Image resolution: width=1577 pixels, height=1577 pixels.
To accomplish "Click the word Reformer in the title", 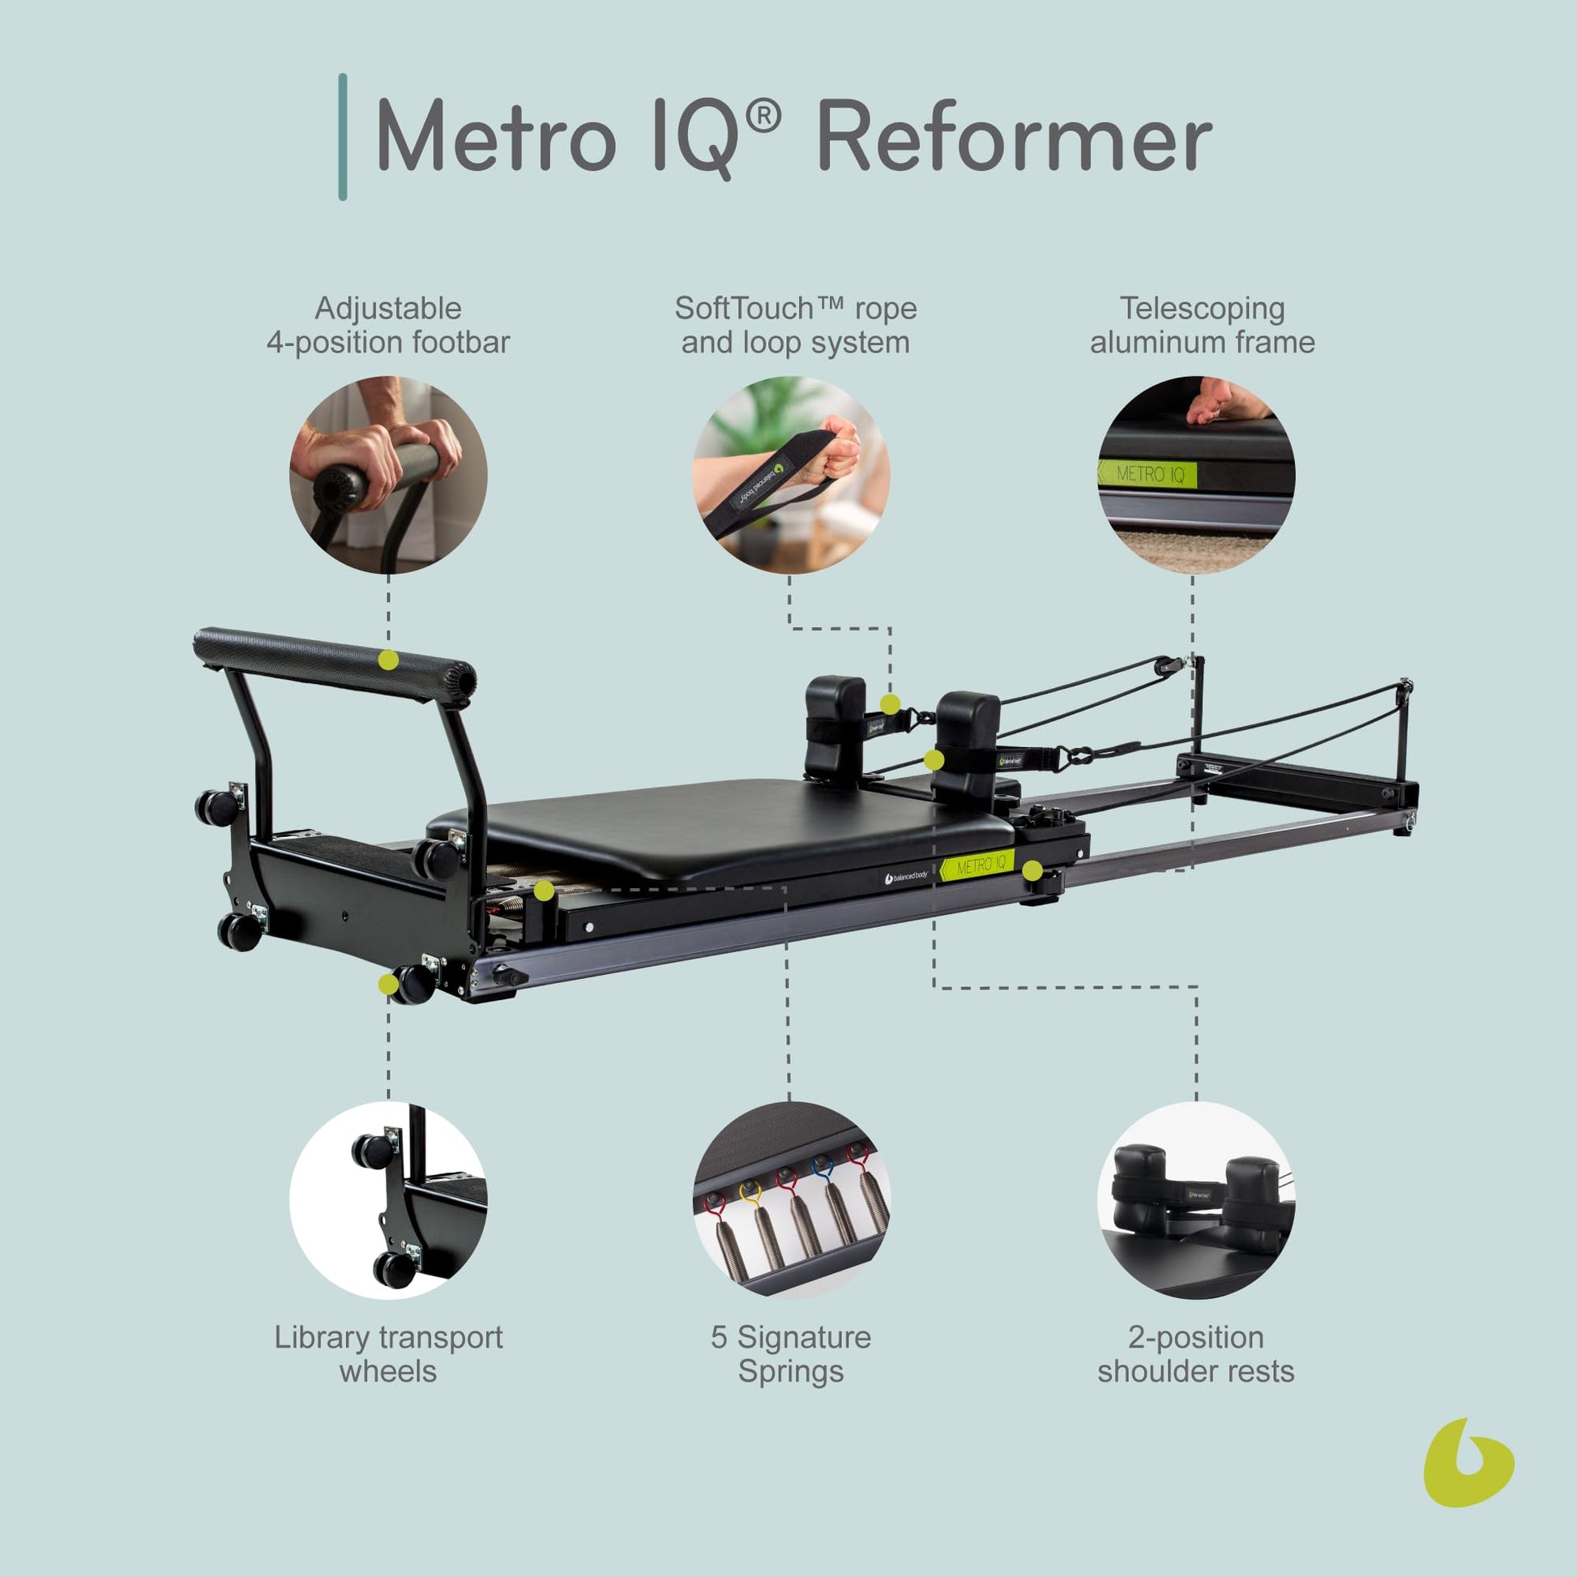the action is [1015, 136].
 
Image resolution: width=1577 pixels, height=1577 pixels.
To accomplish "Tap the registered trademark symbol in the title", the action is [763, 118].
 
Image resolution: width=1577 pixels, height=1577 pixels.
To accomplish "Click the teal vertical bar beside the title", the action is [343, 137].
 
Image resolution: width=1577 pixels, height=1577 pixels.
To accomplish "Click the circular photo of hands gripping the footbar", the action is [388, 474].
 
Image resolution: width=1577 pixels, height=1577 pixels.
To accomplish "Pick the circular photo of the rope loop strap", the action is [791, 474].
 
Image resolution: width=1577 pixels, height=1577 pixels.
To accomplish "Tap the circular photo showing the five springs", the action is [791, 1201].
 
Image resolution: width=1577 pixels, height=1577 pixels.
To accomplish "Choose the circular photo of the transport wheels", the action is [388, 1201].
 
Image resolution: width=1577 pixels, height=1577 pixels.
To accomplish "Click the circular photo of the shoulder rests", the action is [1196, 1201].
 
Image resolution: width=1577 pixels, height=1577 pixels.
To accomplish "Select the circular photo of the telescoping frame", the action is [1196, 474].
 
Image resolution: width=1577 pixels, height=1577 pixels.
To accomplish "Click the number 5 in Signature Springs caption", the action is [718, 1338].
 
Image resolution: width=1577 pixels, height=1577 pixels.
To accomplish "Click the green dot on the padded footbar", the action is [389, 660].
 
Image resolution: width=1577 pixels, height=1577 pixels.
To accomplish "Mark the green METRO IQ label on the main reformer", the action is [978, 864].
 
